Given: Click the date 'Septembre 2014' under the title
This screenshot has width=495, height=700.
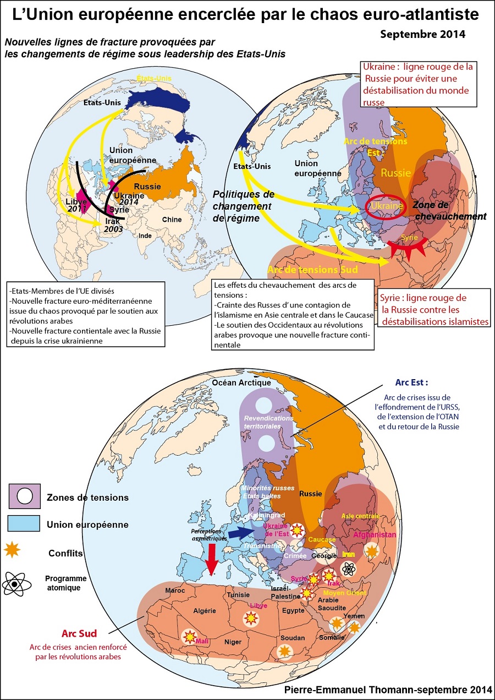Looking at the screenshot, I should [x=422, y=34].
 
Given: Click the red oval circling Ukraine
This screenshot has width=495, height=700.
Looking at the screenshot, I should [x=387, y=206].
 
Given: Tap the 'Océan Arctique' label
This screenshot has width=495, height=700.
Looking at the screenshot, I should [x=242, y=382].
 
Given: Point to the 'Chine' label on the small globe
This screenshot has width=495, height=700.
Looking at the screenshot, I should [x=171, y=219].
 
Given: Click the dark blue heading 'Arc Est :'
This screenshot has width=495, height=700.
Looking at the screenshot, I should [x=411, y=382].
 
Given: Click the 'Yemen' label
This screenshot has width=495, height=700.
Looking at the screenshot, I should [x=354, y=616].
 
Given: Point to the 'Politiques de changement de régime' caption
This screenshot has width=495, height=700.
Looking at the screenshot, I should [x=243, y=206].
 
